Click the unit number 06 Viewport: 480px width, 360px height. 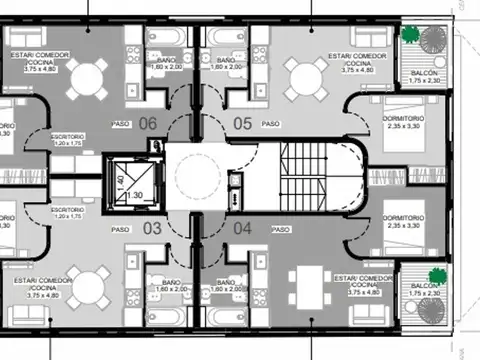(148, 124)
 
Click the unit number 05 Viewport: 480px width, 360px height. (242, 124)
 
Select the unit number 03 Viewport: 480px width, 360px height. (152, 228)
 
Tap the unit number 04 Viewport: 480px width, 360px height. (242, 228)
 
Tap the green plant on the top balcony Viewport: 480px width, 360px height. (410, 34)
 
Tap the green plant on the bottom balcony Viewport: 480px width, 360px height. (436, 274)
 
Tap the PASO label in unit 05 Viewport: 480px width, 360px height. (270, 124)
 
